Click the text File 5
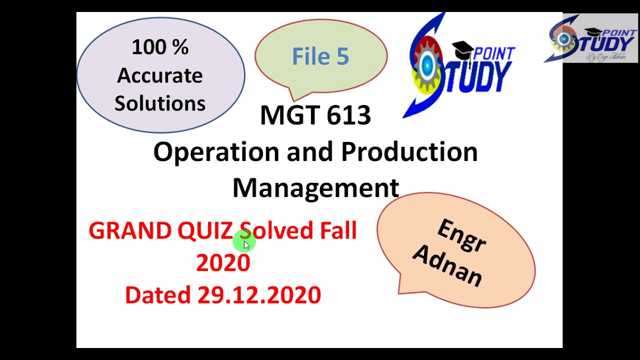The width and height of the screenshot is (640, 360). pyautogui.click(x=320, y=56)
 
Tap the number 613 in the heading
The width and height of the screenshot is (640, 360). pyautogui.click(x=349, y=115)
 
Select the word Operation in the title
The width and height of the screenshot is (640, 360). pyautogui.click(x=216, y=152)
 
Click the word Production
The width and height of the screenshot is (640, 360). pyautogui.click(x=409, y=152)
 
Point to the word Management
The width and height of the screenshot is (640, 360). pyautogui.click(x=315, y=188)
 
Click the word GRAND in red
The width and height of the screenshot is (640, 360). pyautogui.click(x=130, y=231)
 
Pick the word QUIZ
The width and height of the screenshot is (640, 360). pyautogui.click(x=205, y=231)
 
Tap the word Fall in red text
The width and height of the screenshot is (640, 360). pyautogui.click(x=338, y=231)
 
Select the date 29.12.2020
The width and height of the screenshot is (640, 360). pyautogui.click(x=259, y=295)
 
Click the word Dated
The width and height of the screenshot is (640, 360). pyautogui.click(x=158, y=295)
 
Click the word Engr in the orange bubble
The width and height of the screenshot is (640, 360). pyautogui.click(x=461, y=236)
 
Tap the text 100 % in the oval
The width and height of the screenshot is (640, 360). pyautogui.click(x=160, y=47)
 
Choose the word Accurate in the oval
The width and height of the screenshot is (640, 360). pyautogui.click(x=160, y=75)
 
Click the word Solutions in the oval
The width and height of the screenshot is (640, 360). pyautogui.click(x=160, y=103)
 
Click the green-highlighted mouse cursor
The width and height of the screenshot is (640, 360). pyautogui.click(x=245, y=243)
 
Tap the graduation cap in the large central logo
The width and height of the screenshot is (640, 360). pyautogui.click(x=462, y=50)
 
